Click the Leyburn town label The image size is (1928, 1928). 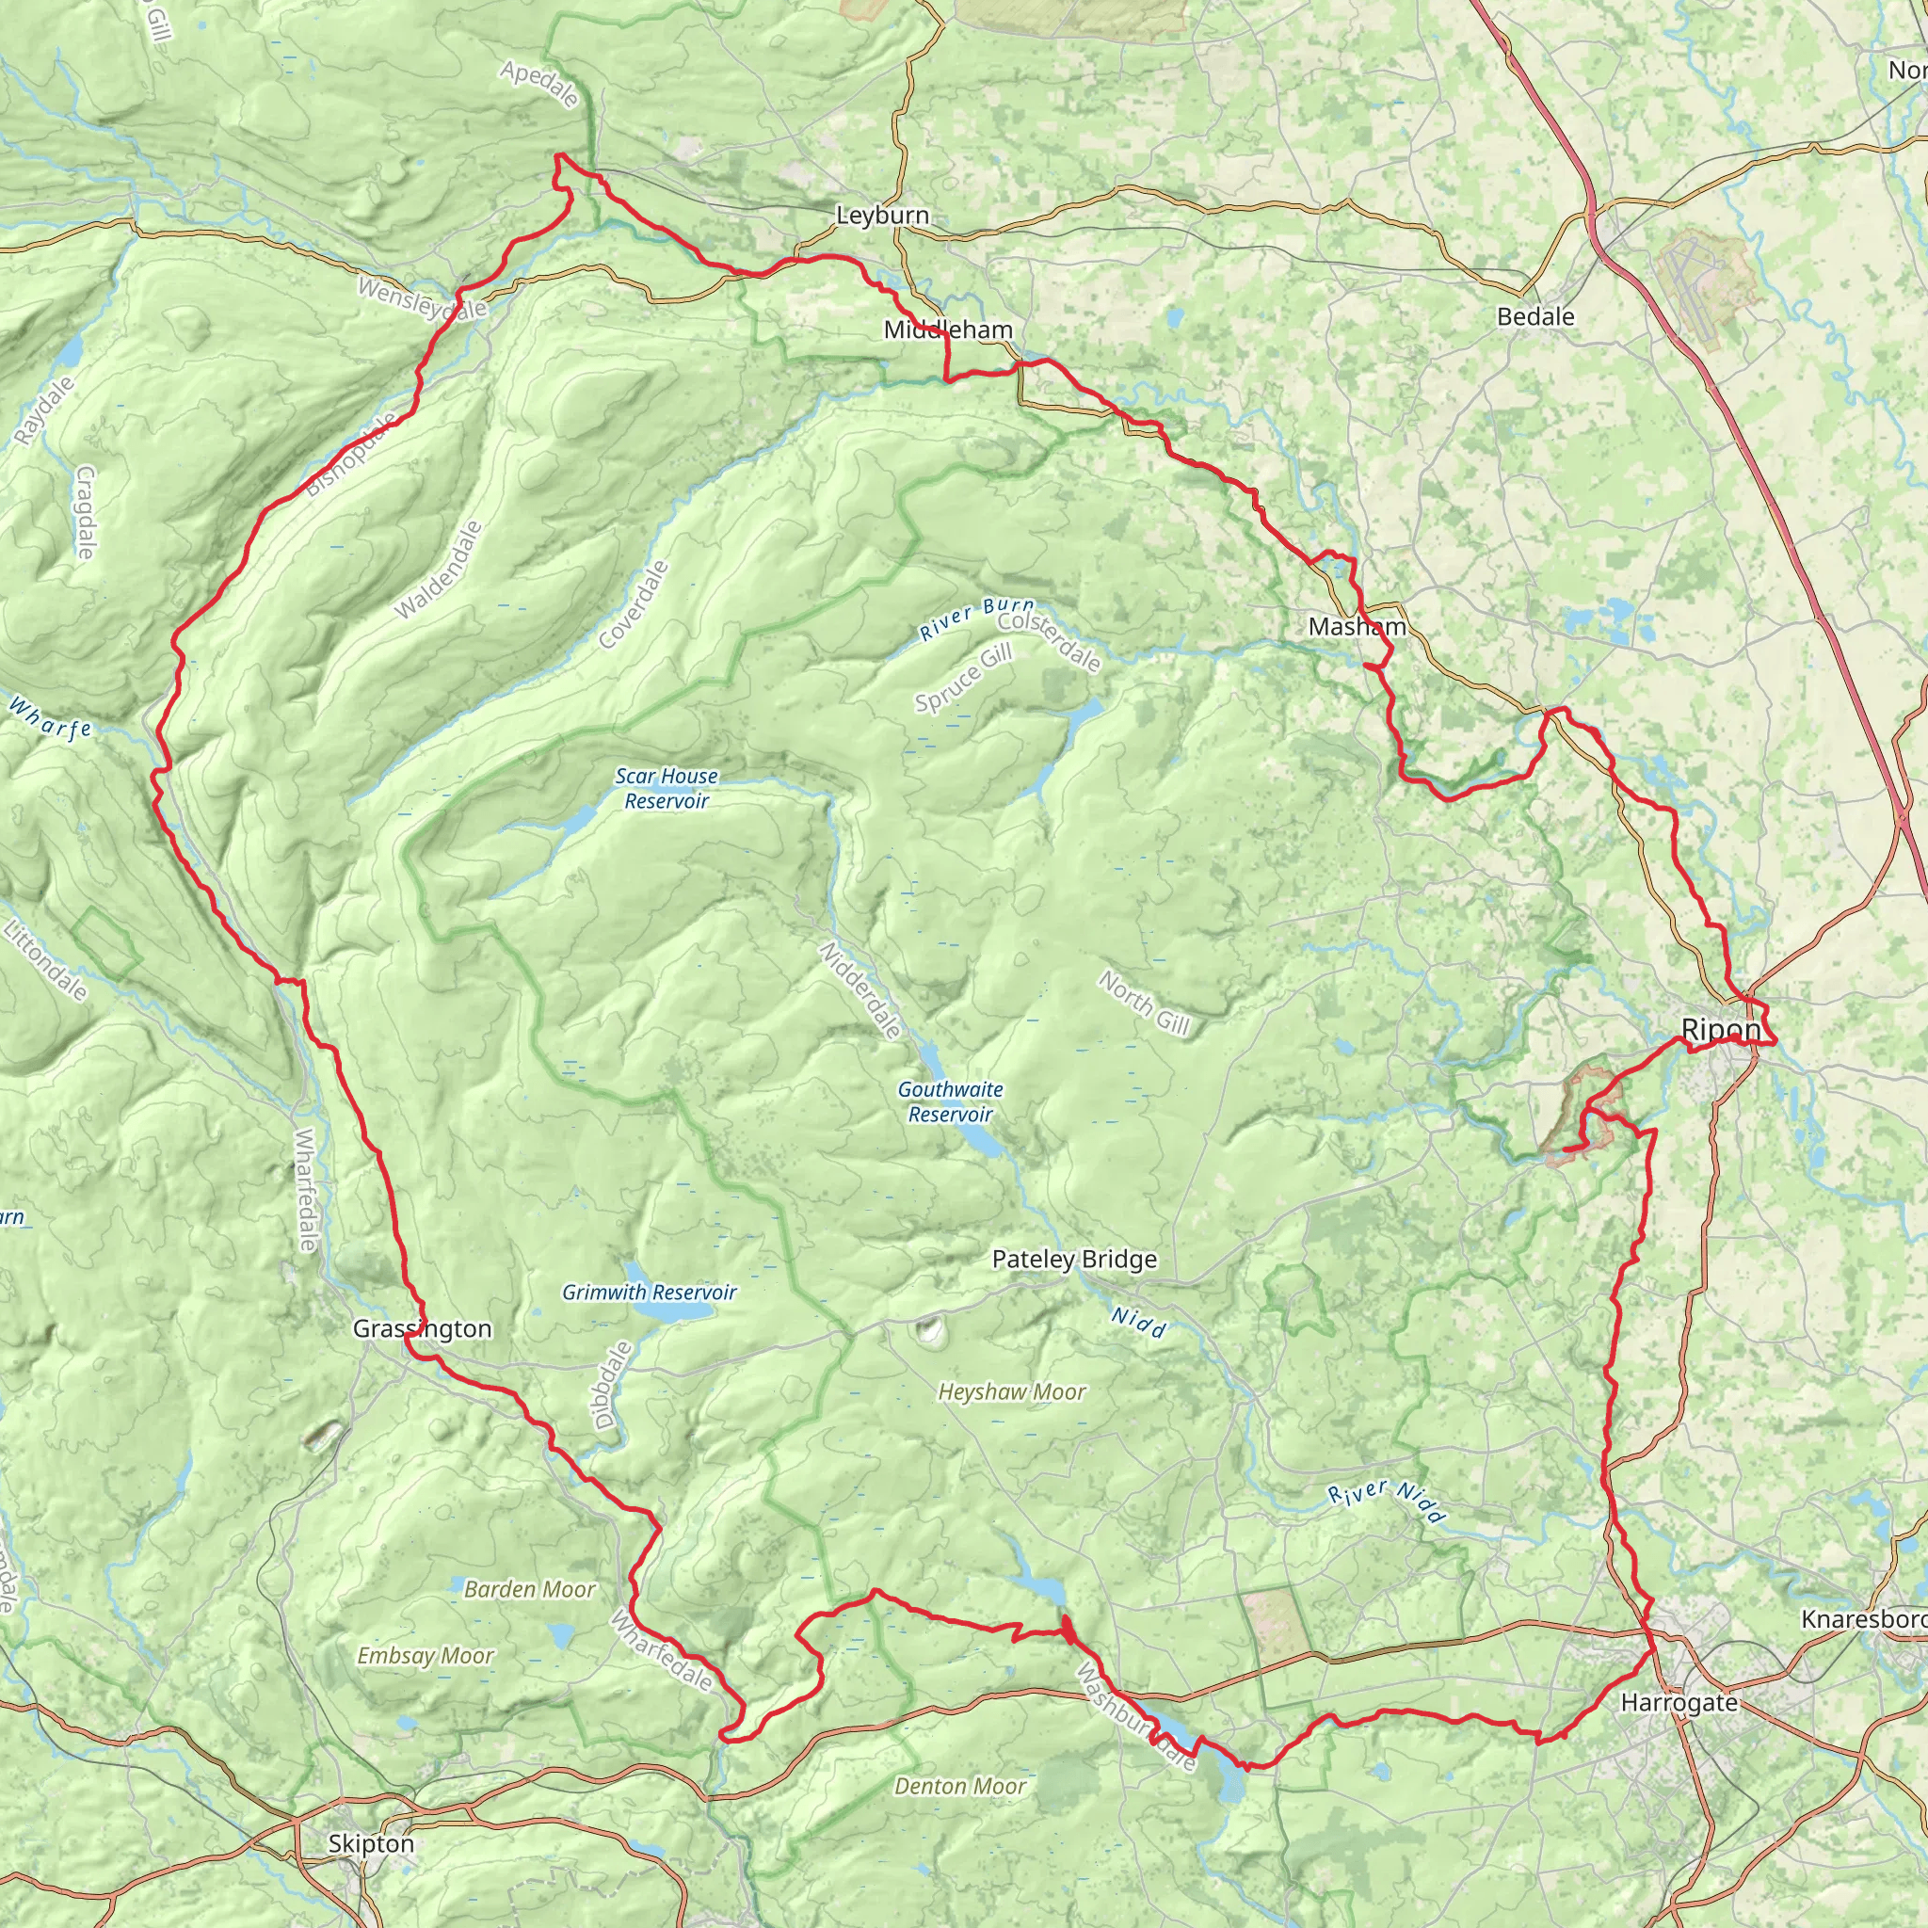882,216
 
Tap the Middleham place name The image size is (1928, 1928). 948,330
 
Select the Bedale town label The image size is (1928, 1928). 1535,317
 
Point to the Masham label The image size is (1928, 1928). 1358,627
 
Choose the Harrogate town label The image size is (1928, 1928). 1679,1702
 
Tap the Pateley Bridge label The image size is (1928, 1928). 1074,1260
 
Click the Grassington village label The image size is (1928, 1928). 422,1329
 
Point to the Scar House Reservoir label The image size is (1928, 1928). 666,788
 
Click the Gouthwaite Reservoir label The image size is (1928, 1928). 950,1101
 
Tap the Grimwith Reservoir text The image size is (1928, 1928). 649,1293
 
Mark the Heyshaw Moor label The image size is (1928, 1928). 1011,1392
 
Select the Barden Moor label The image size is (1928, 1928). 529,1590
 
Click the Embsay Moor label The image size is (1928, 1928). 426,1657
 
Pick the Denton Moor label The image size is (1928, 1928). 959,1786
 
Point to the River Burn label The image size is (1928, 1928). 976,619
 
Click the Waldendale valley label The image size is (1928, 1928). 438,570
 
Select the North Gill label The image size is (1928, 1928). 1144,1004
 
